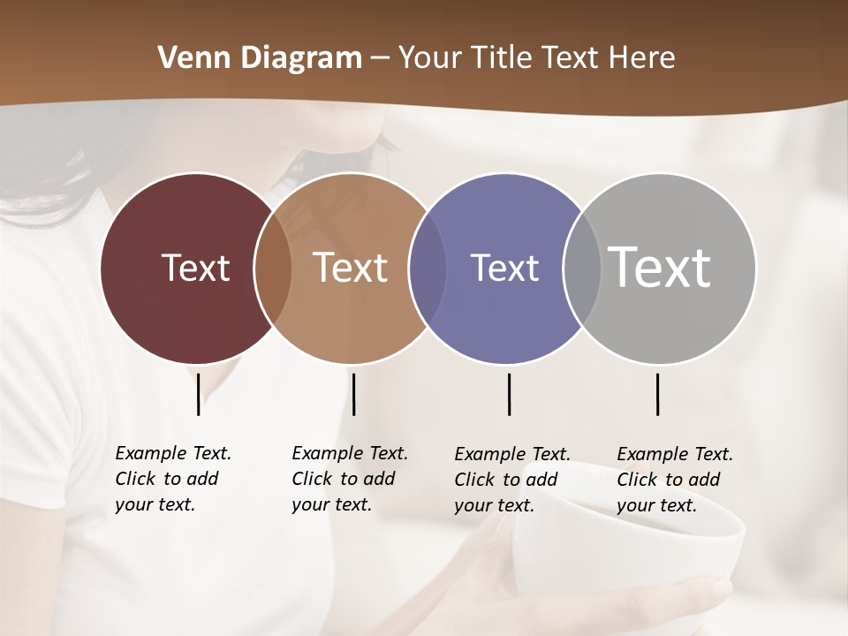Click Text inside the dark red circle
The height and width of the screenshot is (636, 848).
pos(195,268)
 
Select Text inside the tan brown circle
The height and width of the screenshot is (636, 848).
pos(350,268)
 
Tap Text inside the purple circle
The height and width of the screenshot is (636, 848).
pos(504,268)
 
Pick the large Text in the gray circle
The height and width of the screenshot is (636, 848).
pos(659,267)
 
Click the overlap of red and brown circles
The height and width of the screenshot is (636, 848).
pos(273,268)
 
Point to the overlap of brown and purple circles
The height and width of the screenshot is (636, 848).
pos(428,268)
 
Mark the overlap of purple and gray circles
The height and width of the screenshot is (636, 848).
pos(582,268)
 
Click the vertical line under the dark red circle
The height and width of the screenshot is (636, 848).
pos(198,394)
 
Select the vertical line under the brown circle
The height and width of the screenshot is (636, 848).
pos(353,394)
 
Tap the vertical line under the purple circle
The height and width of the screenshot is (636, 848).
pos(509,394)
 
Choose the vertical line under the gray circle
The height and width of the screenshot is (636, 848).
pos(657,394)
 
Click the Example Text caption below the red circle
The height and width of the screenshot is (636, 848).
pos(172,479)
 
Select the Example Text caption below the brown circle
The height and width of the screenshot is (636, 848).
pos(349,479)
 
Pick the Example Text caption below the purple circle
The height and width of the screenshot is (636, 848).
pos(511,480)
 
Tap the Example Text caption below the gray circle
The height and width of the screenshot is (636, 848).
pos(674,480)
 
